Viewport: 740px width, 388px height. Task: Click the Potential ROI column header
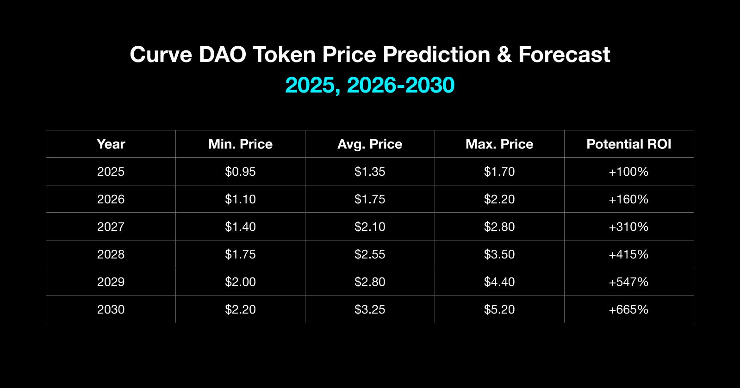[x=628, y=144]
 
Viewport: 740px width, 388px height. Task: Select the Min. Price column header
[x=240, y=144]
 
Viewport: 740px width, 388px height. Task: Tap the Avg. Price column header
[x=370, y=144]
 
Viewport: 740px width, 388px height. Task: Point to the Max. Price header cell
[x=499, y=144]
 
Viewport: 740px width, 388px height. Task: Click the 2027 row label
[x=111, y=227]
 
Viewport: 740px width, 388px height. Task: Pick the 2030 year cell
[x=111, y=309]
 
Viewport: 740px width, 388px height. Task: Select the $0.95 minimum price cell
[x=240, y=172]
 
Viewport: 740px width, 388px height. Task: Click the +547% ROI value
[x=628, y=282]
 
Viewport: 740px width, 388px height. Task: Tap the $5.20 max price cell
[x=499, y=309]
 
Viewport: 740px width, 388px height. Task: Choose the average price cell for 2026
[x=370, y=199]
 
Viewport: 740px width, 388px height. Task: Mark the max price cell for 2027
[x=499, y=227]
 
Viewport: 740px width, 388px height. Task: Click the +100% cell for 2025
[x=628, y=172]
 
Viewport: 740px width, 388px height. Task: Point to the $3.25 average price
[x=370, y=309]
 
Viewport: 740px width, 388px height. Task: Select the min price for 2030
[x=240, y=309]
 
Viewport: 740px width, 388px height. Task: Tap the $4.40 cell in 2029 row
[x=499, y=282]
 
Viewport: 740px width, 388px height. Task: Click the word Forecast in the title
[x=564, y=55]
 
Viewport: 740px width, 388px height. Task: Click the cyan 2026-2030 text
[x=400, y=85]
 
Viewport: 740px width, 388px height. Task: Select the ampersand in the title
[x=504, y=55]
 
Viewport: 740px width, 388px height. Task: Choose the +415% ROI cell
[x=628, y=254]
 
